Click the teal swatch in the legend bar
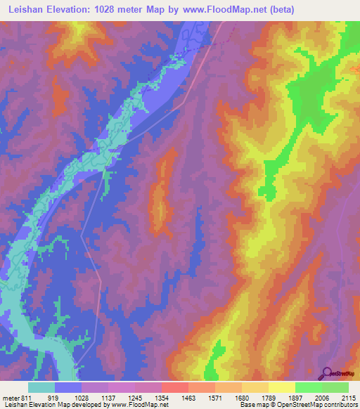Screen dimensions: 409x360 (41, 387)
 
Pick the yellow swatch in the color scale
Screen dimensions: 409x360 (282, 387)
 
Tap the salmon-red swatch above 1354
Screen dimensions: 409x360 (175, 387)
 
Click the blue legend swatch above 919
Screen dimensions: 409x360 (68, 387)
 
